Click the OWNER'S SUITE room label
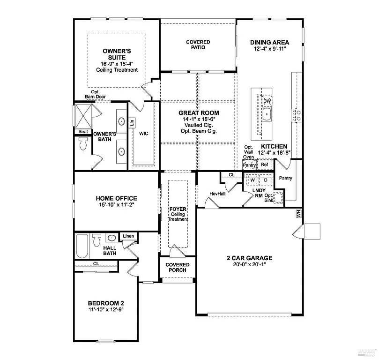(117, 54)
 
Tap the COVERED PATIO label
(198, 45)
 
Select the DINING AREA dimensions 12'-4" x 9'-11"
(269, 49)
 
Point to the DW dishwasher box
(267, 101)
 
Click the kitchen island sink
(267, 114)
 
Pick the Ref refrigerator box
(264, 165)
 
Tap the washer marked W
(252, 180)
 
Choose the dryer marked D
(265, 180)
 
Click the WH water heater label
(297, 214)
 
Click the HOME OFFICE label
(116, 198)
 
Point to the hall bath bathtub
(82, 246)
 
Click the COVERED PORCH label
(177, 267)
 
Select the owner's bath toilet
(83, 144)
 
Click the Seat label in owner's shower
(83, 132)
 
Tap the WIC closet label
(143, 134)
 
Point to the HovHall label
(218, 194)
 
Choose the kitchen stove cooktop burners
(296, 115)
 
